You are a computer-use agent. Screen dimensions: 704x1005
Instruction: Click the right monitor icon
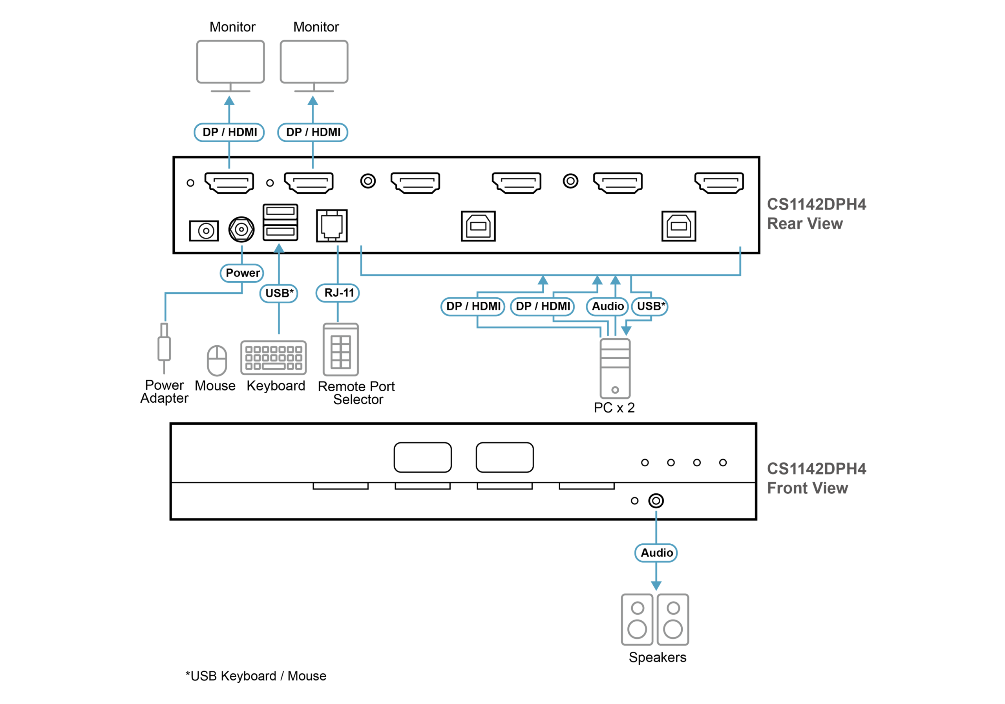(314, 62)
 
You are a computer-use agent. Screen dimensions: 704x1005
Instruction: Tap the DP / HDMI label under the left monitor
(229, 132)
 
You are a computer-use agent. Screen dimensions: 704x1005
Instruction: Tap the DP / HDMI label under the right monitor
(312, 132)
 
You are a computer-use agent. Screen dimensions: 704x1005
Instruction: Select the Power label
(242, 273)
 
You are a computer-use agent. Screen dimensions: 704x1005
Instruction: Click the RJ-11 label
(338, 293)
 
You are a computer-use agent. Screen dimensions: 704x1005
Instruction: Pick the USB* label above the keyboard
(279, 293)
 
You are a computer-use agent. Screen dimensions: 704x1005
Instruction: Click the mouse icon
(217, 361)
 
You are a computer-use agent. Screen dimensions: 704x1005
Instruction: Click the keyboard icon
(273, 357)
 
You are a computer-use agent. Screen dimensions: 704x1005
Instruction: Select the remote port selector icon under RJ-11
(340, 349)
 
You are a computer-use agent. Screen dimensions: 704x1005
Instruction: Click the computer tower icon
(615, 368)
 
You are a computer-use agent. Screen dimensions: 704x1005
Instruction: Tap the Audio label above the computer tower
(608, 306)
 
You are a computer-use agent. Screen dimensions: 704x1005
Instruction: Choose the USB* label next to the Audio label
(651, 306)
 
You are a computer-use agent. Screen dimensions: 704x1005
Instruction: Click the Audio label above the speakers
(656, 553)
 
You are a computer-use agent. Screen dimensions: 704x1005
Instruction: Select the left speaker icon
(637, 620)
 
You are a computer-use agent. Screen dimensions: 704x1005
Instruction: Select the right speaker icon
(673, 620)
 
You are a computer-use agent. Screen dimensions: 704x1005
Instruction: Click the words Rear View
(804, 224)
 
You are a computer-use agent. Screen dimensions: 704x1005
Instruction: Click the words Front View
(807, 488)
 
